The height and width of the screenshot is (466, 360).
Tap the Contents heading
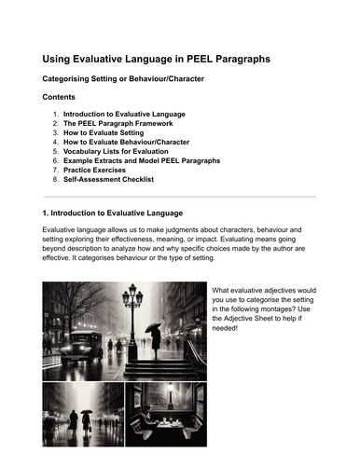tap(62, 97)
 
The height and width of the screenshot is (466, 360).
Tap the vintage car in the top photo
tap(82, 340)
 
